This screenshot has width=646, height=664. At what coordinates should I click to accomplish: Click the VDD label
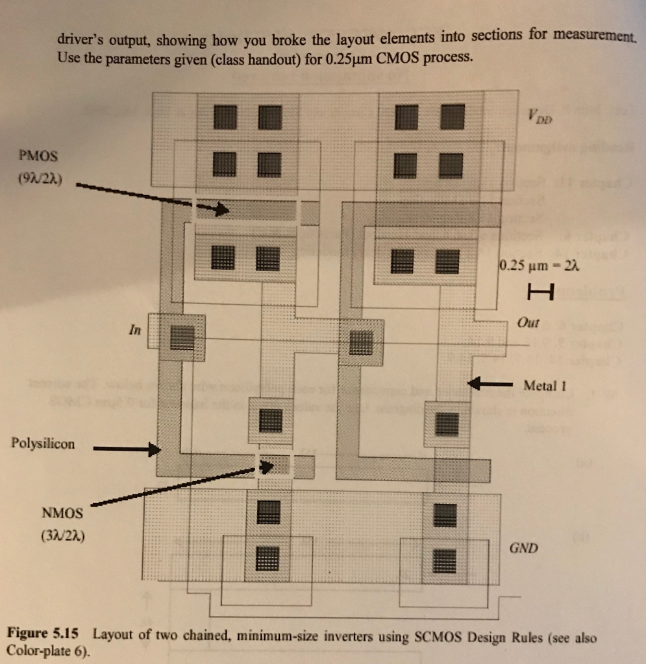[x=540, y=115]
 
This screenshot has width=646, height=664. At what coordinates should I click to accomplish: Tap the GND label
[x=523, y=548]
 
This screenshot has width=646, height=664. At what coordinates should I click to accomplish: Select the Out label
[x=528, y=323]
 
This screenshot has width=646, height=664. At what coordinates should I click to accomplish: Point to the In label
[x=135, y=329]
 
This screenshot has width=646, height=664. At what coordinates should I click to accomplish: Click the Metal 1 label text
[x=545, y=386]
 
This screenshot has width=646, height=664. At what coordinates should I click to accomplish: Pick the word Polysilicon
[x=43, y=444]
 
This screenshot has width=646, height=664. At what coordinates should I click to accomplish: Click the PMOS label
[x=38, y=156]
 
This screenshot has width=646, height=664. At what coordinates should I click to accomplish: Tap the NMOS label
[x=62, y=514]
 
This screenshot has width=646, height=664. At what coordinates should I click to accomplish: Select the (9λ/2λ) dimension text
[x=40, y=179]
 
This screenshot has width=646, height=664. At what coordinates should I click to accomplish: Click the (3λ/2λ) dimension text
[x=63, y=536]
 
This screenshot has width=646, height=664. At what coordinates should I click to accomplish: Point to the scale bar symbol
[x=541, y=292]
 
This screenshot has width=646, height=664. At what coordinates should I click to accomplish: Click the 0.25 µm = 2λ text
[x=539, y=265]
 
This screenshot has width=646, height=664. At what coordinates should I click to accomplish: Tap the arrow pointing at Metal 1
[x=490, y=384]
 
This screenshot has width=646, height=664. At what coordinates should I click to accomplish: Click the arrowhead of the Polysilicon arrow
[x=155, y=449]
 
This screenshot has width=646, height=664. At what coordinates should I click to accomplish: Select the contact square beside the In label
[x=182, y=337]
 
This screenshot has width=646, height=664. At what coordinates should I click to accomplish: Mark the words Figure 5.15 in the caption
[x=43, y=633]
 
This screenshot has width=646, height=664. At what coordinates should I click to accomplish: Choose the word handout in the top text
[x=274, y=59]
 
